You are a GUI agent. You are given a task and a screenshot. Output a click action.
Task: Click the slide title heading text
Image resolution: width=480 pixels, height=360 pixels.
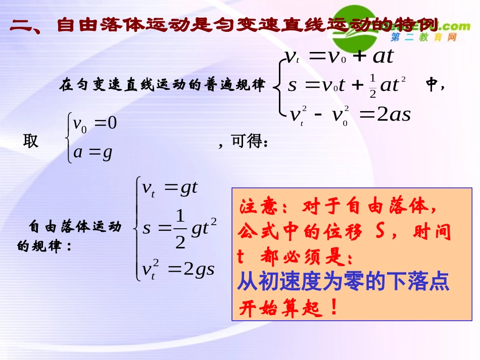[x=222, y=25]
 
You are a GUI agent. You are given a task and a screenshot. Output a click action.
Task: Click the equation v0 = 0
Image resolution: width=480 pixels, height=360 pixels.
[x=95, y=123]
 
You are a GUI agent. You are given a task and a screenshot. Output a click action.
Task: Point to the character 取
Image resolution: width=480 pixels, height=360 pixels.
[x=31, y=141]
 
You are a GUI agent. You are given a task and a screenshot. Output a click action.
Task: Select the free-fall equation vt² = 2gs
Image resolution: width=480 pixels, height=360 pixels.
[x=178, y=269]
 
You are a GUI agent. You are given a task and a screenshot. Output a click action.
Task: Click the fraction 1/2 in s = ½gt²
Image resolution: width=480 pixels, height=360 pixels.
[x=180, y=229]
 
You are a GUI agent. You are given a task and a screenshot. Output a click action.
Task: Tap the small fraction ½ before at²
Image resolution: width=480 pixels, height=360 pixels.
[x=373, y=85]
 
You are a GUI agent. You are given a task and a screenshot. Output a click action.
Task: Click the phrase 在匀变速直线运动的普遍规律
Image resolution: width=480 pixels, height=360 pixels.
[x=162, y=85]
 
